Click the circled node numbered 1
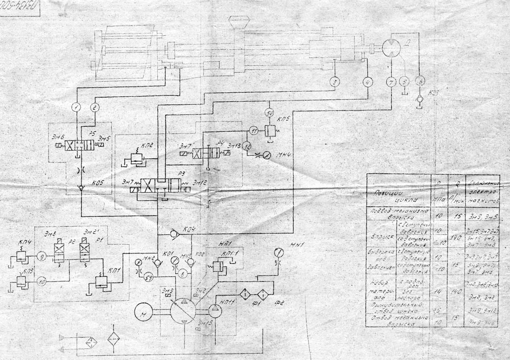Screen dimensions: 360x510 coord(77,107)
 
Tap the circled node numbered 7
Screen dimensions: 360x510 coord(391,82)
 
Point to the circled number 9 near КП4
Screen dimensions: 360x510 coord(41,256)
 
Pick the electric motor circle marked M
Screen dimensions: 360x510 coord(144,311)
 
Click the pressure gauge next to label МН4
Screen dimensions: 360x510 coord(266,156)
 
